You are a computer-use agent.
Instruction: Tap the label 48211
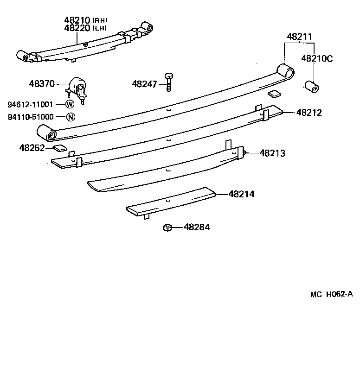299,37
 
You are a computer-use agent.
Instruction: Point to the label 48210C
317,58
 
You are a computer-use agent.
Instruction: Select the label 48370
42,84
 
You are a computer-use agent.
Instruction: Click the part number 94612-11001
30,104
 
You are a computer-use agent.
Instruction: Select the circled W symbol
70,104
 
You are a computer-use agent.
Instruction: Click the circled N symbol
70,117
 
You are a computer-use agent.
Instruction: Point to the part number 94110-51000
30,117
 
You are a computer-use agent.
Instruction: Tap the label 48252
32,148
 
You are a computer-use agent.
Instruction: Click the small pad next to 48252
59,148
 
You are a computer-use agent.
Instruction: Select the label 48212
309,112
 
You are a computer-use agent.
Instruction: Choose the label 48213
272,152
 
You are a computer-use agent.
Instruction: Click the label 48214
241,195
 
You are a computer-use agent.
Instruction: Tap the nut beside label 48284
168,227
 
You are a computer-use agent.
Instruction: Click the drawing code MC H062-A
332,294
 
